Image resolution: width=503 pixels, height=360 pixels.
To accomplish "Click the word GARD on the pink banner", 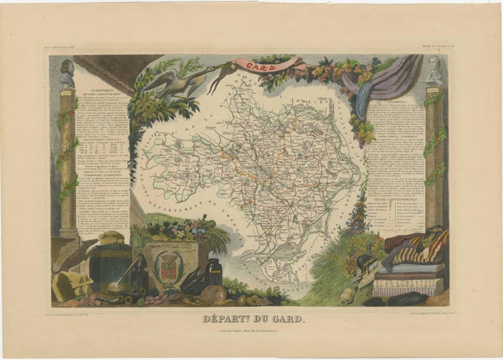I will pyautogui.click(x=244, y=65).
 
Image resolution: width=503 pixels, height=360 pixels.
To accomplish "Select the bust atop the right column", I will pyautogui.click(x=436, y=71).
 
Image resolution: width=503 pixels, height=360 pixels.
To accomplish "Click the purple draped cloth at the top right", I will pyautogui.click(x=393, y=79).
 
